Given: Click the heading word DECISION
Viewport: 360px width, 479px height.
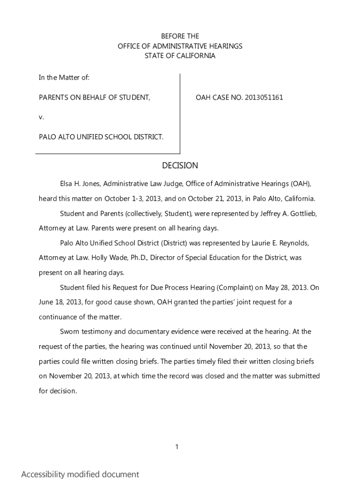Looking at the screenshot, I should tap(180, 166).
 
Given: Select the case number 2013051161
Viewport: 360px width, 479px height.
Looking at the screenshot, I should tap(263, 98).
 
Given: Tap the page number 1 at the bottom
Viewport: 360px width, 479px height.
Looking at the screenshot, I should tap(177, 447).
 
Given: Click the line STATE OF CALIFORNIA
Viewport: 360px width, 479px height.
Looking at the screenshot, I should tap(180, 56).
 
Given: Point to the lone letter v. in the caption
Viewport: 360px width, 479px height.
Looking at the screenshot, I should tap(41, 117).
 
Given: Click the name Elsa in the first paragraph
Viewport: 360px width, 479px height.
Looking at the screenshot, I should tap(67, 183).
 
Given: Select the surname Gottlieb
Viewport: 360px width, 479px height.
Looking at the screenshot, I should tap(302, 213).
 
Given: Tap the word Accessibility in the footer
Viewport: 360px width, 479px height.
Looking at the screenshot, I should tap(43, 474).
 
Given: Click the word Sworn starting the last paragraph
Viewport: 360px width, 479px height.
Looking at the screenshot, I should tap(71, 332).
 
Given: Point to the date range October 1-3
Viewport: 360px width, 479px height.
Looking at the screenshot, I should tap(123, 198).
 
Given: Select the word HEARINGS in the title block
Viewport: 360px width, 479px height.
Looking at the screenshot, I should tap(226, 46).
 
